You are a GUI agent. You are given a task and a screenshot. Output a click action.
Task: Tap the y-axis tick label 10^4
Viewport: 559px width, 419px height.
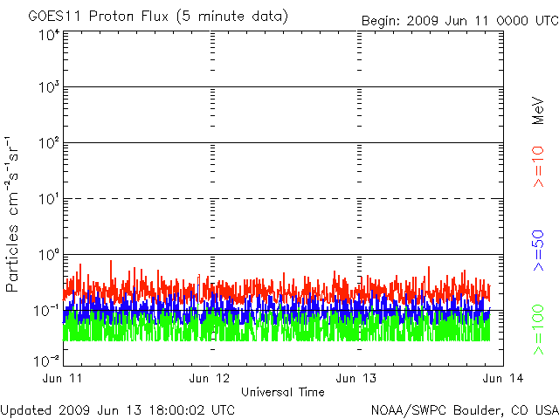[x=49, y=35]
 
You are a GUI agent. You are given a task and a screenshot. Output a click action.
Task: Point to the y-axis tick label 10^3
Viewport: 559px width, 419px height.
[x=49, y=88]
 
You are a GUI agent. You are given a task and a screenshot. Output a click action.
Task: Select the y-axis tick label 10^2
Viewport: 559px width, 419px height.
[x=49, y=144]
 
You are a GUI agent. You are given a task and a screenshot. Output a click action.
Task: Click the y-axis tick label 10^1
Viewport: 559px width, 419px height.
[x=49, y=200]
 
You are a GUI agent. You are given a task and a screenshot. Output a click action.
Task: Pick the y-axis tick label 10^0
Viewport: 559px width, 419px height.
[x=49, y=255]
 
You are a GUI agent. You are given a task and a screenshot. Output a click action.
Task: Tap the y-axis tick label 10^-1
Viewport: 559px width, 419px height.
[x=47, y=311]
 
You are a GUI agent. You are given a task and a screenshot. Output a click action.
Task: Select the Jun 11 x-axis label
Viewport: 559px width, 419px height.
[x=63, y=378]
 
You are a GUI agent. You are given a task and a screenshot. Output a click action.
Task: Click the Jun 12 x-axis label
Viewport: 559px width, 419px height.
[x=210, y=378]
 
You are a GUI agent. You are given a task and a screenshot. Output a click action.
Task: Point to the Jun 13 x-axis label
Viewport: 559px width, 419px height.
[x=357, y=378]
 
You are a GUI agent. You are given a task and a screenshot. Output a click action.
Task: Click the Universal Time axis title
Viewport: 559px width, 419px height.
[x=283, y=392]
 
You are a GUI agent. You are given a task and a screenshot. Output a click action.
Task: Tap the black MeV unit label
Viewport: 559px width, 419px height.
[x=539, y=111]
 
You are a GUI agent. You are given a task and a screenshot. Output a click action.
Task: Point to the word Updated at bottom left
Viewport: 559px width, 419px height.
[x=25, y=409]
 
